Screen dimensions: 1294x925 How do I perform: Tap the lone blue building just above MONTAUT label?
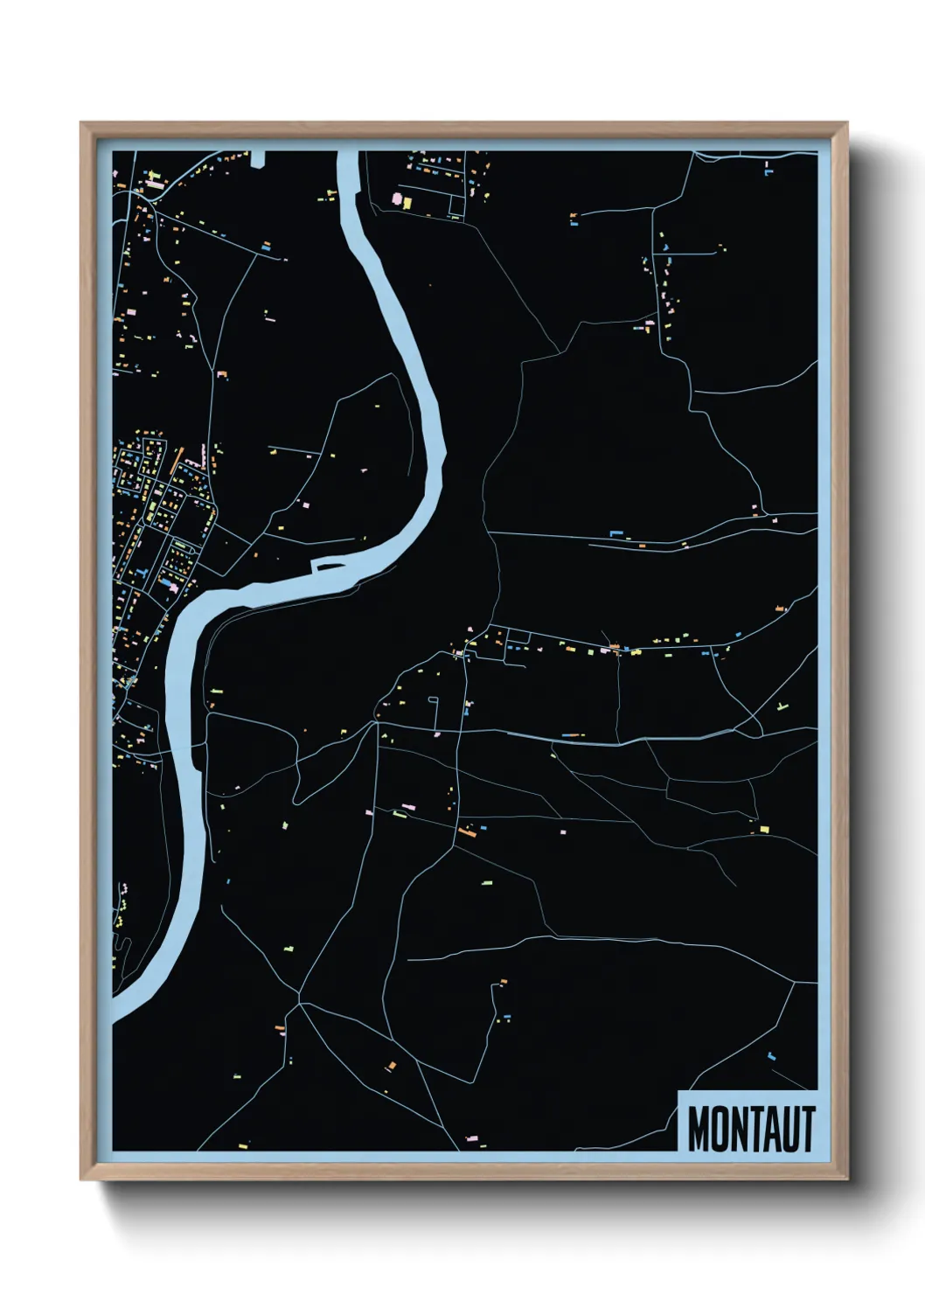[771, 1057]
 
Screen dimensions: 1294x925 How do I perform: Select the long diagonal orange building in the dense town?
[179, 458]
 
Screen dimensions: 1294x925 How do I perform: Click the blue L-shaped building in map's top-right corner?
[769, 171]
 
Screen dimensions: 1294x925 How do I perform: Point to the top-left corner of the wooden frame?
[81, 123]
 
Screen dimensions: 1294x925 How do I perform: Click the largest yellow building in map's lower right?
[763, 828]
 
